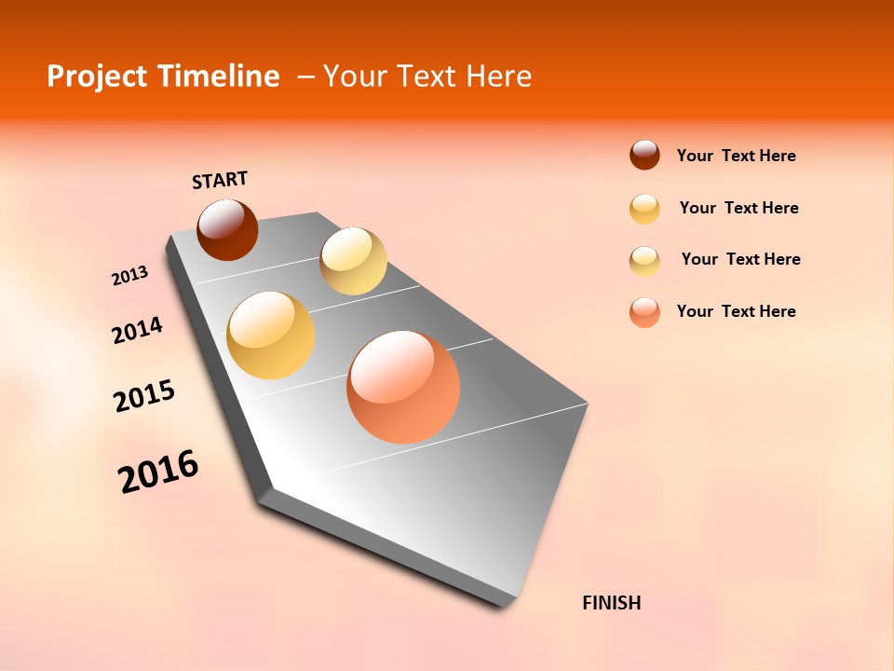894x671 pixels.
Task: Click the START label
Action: click(x=220, y=180)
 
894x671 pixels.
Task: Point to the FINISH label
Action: click(x=611, y=603)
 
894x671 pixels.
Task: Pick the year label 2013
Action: click(x=129, y=276)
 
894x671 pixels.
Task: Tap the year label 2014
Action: click(x=137, y=330)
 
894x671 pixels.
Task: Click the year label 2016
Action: click(x=158, y=472)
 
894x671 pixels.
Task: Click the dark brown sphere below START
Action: click(x=227, y=229)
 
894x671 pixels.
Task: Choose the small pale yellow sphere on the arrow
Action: click(x=353, y=261)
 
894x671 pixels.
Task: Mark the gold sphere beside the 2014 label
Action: click(x=271, y=335)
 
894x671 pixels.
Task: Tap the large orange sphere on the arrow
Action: click(x=403, y=387)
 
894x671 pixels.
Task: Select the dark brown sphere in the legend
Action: click(x=644, y=155)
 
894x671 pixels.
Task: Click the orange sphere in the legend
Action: click(x=644, y=312)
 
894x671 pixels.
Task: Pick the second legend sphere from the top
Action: click(x=644, y=209)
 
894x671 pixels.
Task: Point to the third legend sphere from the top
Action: click(x=644, y=261)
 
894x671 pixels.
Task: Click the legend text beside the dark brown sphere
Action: click(x=736, y=156)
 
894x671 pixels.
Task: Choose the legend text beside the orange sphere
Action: click(x=736, y=311)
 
